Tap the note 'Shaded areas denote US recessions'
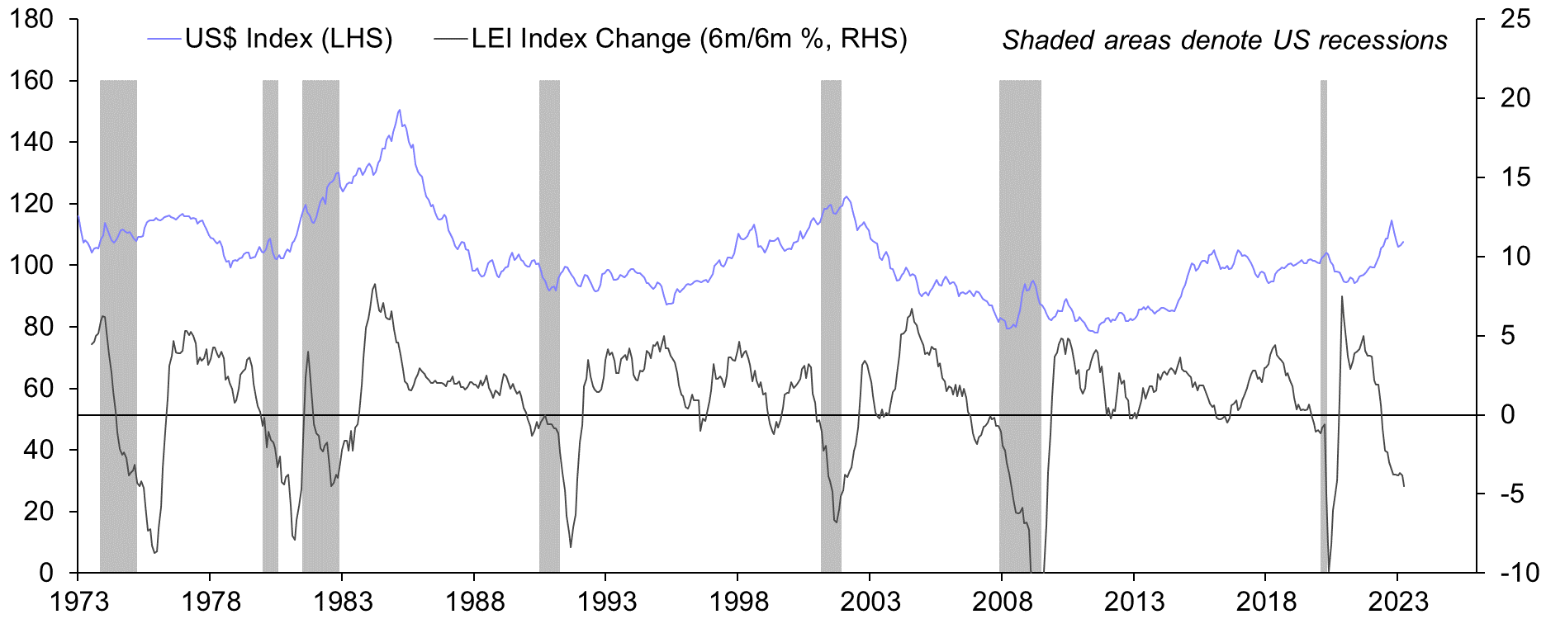tap(1225, 40)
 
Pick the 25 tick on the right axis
tap(1515, 19)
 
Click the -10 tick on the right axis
tap(1515, 573)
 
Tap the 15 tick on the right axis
tap(1515, 177)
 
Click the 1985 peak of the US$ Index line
tap(400, 110)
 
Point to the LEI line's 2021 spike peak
tap(1341, 296)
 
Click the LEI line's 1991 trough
tap(571, 547)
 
